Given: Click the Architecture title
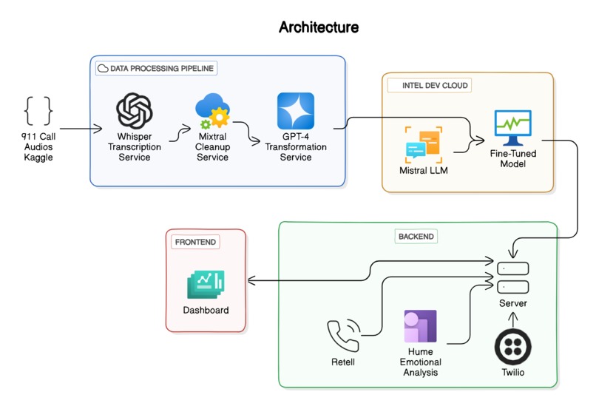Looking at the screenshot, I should tap(319, 27).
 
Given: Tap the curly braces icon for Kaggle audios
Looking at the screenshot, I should tap(38, 110).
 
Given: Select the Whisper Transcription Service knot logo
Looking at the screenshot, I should tap(135, 112).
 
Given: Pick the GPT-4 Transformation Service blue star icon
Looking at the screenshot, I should tap(295, 111).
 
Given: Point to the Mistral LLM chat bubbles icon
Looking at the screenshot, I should tap(423, 145).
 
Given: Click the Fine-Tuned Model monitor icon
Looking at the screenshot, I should tap(512, 128).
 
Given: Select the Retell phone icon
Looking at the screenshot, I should tap(343, 334).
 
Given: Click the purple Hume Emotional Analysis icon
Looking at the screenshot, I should tap(420, 326).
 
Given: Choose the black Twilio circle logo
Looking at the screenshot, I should tap(512, 346).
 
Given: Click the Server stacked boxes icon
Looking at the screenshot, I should tap(512, 277).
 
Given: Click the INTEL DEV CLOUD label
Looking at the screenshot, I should tap(430, 85).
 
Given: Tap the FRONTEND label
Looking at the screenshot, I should tap(195, 242).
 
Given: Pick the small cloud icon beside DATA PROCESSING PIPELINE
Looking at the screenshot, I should tap(103, 68).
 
